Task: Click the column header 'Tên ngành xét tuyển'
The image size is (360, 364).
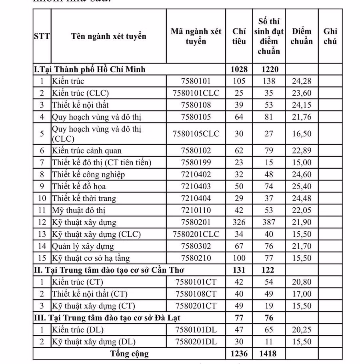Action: pos(108,36)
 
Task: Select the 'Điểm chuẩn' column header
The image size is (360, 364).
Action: pos(302,36)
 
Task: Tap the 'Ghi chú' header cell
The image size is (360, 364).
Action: pos(330,36)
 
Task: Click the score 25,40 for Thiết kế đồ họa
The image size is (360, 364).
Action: pos(302,186)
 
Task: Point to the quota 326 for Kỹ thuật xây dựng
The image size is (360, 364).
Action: pos(239,222)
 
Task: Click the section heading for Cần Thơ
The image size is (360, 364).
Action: pos(109,270)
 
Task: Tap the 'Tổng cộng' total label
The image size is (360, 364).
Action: pos(129,354)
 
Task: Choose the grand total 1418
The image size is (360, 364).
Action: pos(268,354)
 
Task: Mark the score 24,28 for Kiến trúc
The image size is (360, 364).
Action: pos(302,81)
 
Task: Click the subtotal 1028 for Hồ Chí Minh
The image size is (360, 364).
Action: pos(239,70)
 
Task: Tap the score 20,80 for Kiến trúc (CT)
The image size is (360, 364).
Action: pos(302,282)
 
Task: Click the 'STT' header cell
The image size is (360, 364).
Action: pos(42,36)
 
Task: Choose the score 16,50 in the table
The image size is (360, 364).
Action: pos(302,134)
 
